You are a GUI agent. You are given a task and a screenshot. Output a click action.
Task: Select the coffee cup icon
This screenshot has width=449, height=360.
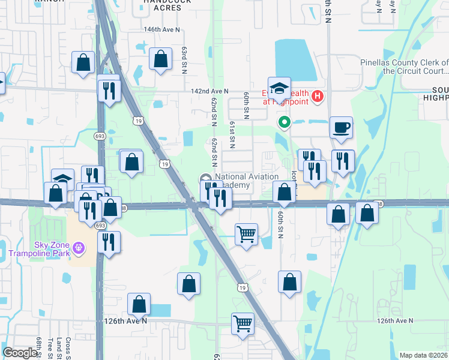point(341,128)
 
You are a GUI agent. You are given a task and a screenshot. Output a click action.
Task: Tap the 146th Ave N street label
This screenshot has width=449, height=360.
point(161,29)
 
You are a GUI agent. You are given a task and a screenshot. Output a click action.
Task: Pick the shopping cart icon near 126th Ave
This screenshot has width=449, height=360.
point(243,323)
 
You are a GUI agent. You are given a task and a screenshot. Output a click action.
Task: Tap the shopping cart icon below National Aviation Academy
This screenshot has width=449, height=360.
point(246,234)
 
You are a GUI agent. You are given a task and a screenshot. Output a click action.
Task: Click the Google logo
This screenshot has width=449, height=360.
point(20,353)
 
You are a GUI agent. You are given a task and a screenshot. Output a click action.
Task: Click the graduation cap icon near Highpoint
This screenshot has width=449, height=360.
point(279,88)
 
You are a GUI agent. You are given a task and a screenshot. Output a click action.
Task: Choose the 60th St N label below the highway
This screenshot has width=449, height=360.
point(280,224)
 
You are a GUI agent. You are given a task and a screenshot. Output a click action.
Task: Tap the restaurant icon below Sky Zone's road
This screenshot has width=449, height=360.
point(108,242)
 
